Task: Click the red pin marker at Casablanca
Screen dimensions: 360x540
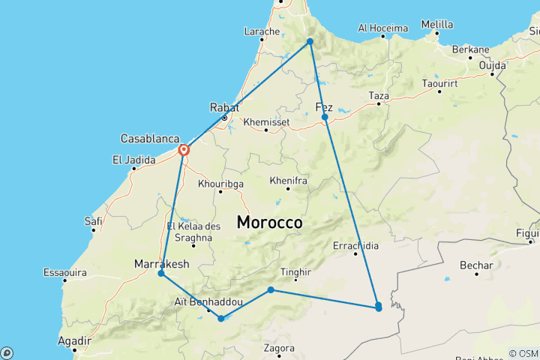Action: coord(183,150)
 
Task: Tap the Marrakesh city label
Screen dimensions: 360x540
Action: coord(160,263)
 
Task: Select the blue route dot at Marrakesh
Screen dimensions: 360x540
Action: coord(161,274)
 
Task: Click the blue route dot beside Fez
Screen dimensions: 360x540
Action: coord(325,118)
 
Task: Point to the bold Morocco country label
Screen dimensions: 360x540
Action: coord(269,223)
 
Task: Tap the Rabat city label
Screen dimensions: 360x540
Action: coord(224,106)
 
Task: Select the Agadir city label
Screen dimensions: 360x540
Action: coord(73,340)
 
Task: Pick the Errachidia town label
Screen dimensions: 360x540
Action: coord(355,245)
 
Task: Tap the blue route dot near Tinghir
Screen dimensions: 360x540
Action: coord(271,290)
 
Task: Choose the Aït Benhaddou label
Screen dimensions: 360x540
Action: coord(208,301)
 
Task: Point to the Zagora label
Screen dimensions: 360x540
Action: coord(278,348)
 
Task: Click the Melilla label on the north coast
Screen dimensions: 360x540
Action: coord(437,24)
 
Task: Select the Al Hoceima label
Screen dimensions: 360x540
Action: coord(382,28)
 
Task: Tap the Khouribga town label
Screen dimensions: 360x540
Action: coord(220,183)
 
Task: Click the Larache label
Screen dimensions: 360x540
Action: coord(262,31)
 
